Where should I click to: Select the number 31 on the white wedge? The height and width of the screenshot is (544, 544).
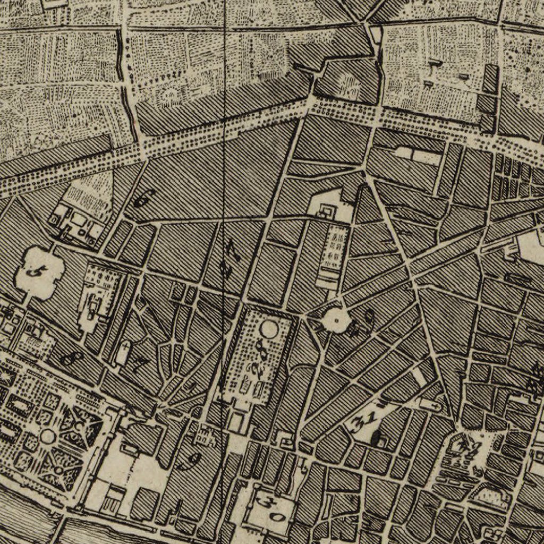coord(366,420)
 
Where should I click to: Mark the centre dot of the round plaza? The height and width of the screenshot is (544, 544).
coord(336,320)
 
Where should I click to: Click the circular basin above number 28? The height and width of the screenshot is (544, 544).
coord(269,330)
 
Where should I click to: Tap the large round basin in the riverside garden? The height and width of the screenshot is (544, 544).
coord(48,437)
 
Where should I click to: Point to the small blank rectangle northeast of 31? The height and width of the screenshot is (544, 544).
coord(419,377)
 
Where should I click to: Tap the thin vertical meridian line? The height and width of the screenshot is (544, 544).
coord(224,106)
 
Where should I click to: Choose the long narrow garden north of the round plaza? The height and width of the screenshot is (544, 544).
coord(334,252)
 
